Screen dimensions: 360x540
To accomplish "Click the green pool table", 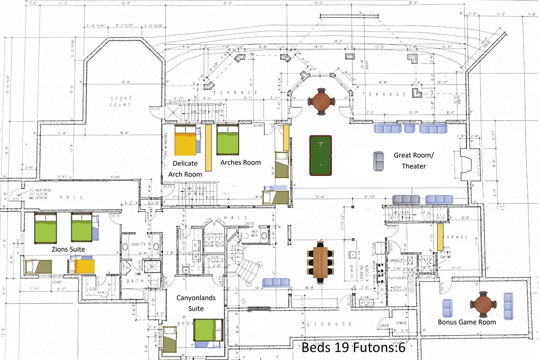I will (320, 155).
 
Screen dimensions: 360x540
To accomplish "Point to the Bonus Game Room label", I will (467, 322).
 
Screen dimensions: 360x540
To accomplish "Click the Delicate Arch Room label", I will (184, 169).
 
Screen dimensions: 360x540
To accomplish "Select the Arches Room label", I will (240, 162).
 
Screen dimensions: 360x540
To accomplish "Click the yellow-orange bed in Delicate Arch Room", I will (186, 140).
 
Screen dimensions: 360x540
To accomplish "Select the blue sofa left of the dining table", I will (275, 283).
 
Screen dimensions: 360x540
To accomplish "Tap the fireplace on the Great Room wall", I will (465, 161).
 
